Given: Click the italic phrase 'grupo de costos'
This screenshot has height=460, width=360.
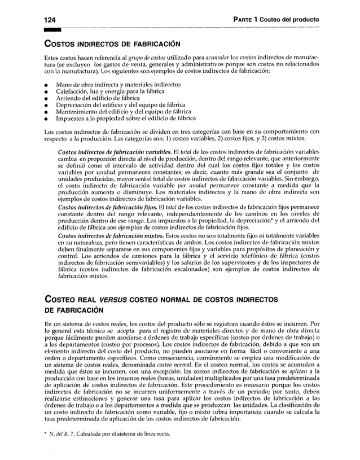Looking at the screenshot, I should (144, 59).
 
